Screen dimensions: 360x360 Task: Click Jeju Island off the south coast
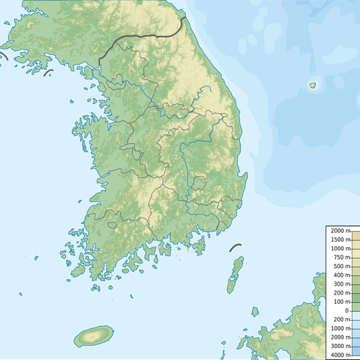[x=93, y=337]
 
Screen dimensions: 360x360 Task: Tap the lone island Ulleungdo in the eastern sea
[x=312, y=85]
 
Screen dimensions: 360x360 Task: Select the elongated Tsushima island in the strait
[x=235, y=274]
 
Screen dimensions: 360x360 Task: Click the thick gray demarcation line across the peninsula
[x=140, y=36]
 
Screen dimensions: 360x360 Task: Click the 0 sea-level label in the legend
[x=347, y=311]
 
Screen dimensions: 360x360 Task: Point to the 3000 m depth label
[x=340, y=347]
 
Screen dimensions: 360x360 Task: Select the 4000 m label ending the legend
[x=340, y=355]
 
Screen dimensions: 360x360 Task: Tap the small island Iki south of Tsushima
[x=255, y=311]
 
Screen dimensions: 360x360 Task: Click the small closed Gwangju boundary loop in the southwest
[x=112, y=224]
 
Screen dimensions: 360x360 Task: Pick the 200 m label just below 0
[x=341, y=320]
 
